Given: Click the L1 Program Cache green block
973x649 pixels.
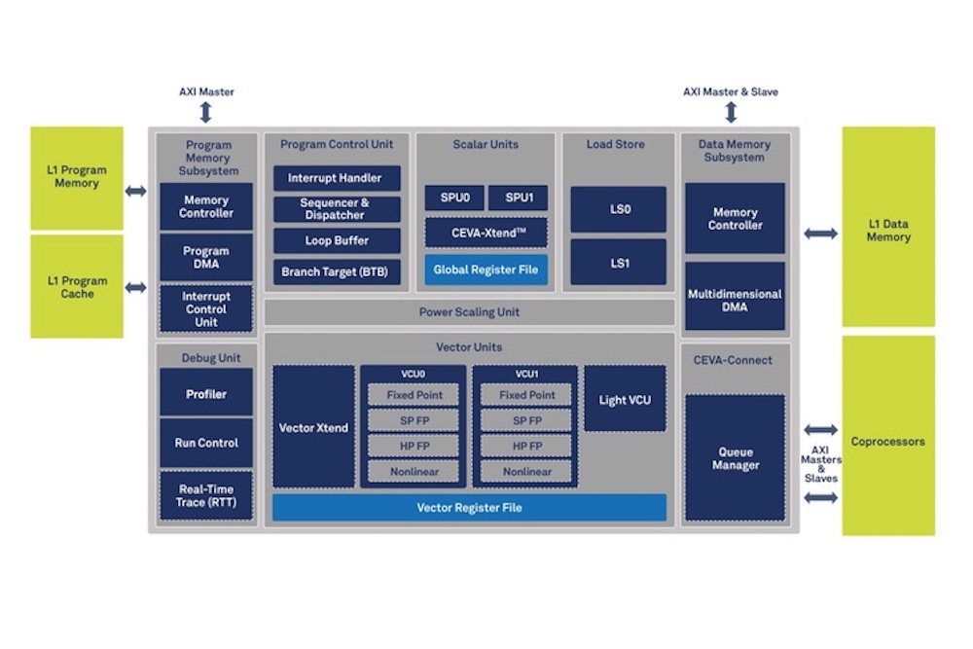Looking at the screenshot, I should pyautogui.click(x=77, y=286).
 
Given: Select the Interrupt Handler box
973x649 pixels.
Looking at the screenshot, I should pyautogui.click(x=336, y=178).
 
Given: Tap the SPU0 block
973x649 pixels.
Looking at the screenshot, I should pyautogui.click(x=453, y=198).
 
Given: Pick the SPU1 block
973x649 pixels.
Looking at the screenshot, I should pyautogui.click(x=518, y=198).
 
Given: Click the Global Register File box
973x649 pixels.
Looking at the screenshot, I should pyautogui.click(x=486, y=270).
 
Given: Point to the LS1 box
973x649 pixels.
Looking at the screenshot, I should pyautogui.click(x=619, y=263).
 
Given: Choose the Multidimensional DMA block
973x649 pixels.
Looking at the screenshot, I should pyautogui.click(x=735, y=300).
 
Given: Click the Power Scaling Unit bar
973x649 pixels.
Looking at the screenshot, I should pyautogui.click(x=469, y=312).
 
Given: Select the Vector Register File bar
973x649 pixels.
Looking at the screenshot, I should pyautogui.click(x=469, y=507).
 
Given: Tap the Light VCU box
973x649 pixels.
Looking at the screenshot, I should pyautogui.click(x=625, y=399).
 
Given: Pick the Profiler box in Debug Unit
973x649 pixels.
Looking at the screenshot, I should pyautogui.click(x=206, y=394).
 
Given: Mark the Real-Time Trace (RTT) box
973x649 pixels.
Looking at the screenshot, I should pyautogui.click(x=206, y=495).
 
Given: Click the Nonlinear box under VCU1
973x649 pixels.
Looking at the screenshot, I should pyautogui.click(x=526, y=472).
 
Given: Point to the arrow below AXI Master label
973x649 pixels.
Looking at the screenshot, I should pyautogui.click(x=206, y=112).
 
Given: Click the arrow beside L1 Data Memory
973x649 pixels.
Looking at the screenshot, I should pyautogui.click(x=820, y=234).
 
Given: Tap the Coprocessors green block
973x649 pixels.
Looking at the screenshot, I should pyautogui.click(x=887, y=441).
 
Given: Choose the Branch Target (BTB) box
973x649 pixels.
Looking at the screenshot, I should pyautogui.click(x=336, y=271).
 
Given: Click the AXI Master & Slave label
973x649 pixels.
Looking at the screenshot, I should pyautogui.click(x=730, y=91).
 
